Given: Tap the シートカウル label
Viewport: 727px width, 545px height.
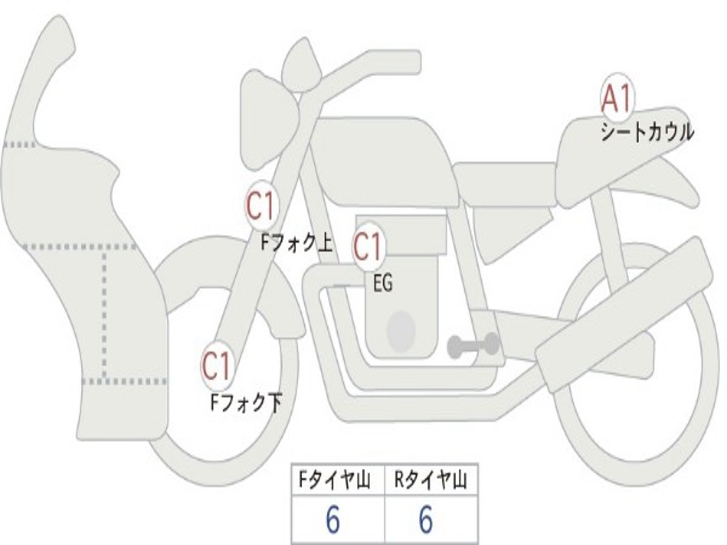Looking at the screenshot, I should pos(647,132).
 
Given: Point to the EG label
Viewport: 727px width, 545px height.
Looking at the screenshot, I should pos(383,284).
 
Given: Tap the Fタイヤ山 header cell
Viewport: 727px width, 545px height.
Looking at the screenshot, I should pos(337,481).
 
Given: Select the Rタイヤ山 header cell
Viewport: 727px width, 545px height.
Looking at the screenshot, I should pos(430,481).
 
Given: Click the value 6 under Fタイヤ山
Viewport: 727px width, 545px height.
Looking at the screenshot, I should pos(332,521).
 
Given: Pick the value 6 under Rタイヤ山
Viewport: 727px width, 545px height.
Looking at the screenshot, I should pos(425,521).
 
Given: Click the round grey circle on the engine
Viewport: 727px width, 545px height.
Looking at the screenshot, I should pos(401,329).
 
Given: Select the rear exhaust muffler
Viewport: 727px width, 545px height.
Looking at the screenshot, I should pos(625,312).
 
